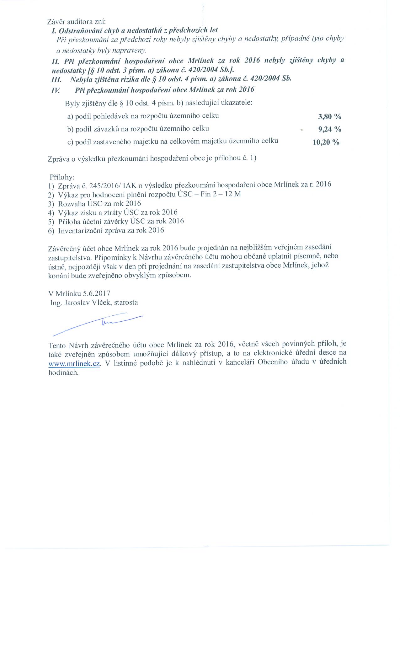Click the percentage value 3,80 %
tap(329, 117)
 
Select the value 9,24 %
tap(330, 129)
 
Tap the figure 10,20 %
tap(326, 142)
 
